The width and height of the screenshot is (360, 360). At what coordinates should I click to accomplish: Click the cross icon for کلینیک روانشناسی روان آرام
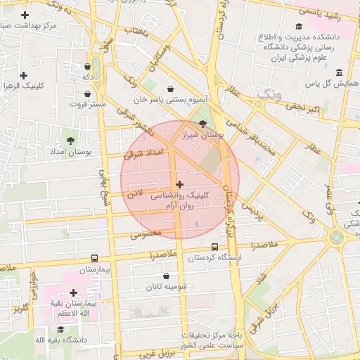(179, 184)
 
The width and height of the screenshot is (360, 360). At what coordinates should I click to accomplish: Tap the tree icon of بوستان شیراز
(203, 123)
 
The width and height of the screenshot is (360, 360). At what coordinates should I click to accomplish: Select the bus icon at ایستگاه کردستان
(214, 247)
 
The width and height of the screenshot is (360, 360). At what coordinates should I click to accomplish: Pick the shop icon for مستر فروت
(88, 93)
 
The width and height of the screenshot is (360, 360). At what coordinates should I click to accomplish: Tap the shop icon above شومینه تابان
(166, 276)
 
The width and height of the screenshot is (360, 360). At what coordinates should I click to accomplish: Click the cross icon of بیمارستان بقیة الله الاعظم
(73, 293)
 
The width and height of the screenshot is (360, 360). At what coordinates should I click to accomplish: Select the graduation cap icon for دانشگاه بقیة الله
(60, 329)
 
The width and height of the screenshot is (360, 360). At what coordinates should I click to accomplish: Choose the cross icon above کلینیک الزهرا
(24, 75)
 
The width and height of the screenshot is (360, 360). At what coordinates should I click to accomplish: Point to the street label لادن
(134, 191)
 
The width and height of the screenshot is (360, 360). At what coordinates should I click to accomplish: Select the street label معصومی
(146, 233)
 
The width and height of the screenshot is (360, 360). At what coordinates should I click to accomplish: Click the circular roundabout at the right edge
(337, 237)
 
